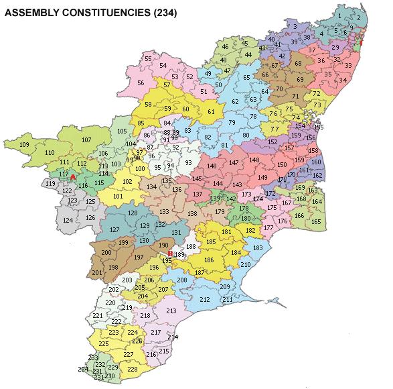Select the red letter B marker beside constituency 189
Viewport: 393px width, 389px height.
(171, 254)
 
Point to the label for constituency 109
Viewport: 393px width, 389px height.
(25, 145)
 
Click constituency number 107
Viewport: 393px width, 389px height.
(86, 140)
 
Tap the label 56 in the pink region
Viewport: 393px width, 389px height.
(141, 83)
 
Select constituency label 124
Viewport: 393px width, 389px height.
(68, 220)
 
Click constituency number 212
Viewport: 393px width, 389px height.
(205, 299)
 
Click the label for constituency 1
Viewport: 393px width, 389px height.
(339, 15)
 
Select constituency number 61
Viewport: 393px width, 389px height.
(211, 111)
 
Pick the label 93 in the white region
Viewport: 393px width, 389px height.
(189, 163)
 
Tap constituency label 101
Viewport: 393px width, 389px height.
(118, 196)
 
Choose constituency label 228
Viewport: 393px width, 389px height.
(132, 370)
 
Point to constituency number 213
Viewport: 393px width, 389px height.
(171, 311)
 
